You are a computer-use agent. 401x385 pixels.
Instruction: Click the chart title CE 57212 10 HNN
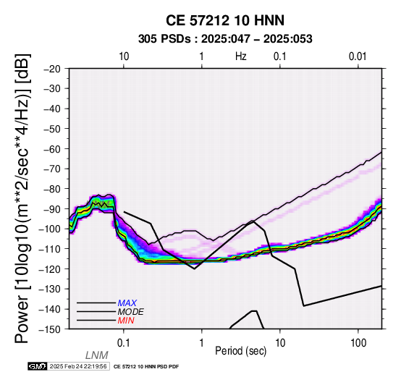click(x=225, y=20)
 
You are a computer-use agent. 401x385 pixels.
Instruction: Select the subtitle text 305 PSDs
click(x=164, y=39)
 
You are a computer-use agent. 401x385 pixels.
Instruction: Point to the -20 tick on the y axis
click(x=52, y=69)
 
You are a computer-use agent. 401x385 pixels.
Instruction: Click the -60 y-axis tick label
click(x=52, y=148)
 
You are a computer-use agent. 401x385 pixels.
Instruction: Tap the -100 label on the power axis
click(x=50, y=229)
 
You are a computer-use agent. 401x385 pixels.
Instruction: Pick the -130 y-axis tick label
click(x=50, y=289)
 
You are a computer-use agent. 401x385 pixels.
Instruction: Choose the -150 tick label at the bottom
click(x=50, y=329)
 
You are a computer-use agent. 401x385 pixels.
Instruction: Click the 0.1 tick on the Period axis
click(x=124, y=343)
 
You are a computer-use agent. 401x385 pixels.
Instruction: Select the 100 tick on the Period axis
click(x=358, y=343)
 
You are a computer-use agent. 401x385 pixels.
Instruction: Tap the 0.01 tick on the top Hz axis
click(x=358, y=56)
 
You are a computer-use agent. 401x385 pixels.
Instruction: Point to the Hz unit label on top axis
click(x=240, y=56)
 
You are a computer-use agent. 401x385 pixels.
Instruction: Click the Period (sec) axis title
click(x=240, y=351)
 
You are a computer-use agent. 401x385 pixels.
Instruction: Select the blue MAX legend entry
click(x=127, y=303)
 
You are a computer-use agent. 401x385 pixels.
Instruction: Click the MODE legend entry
click(x=131, y=312)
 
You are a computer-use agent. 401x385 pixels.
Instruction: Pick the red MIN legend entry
click(x=126, y=321)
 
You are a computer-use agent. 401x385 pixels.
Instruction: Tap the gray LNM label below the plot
click(x=97, y=355)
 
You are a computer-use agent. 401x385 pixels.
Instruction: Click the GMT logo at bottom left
click(x=38, y=366)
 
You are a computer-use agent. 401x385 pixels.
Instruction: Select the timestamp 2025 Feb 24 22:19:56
click(x=78, y=366)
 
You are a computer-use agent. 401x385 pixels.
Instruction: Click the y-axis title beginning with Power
click(x=22, y=198)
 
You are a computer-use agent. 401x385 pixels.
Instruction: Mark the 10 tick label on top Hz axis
click(x=124, y=56)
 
